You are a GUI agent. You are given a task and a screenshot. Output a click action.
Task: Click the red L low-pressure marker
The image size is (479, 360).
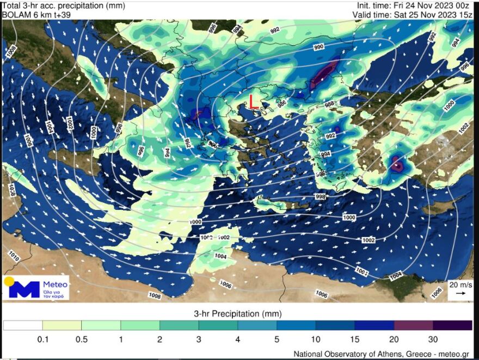(x=253, y=102)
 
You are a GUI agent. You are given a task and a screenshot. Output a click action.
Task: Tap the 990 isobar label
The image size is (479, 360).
(x=319, y=47)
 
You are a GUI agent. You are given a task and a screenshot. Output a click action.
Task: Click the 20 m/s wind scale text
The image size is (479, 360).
(x=460, y=285)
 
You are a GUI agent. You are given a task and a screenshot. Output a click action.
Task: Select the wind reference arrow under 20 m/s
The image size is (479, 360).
(x=460, y=294)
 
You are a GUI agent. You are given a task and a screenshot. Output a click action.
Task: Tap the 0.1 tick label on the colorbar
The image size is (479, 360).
(x=42, y=340)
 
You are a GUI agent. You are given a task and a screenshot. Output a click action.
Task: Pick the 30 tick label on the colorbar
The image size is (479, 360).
(x=433, y=340)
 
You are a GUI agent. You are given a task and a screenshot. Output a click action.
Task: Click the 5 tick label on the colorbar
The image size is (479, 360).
(x=277, y=340)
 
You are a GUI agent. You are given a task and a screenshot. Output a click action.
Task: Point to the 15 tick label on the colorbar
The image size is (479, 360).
(x=354, y=340)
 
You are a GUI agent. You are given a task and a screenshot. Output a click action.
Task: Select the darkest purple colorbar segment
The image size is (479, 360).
(x=452, y=326)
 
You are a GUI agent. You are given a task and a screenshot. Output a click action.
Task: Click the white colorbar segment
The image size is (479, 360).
(x=23, y=326)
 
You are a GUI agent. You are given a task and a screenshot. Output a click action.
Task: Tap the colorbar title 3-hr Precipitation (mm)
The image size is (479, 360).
(x=238, y=314)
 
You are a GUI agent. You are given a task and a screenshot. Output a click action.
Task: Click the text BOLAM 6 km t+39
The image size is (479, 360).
(x=36, y=15)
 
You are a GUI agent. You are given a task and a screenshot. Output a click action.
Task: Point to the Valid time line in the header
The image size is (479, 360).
(x=412, y=15)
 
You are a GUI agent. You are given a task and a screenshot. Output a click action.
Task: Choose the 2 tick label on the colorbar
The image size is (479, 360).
(x=159, y=340)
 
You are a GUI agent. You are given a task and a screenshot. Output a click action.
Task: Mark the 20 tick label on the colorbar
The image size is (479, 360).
(x=394, y=340)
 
